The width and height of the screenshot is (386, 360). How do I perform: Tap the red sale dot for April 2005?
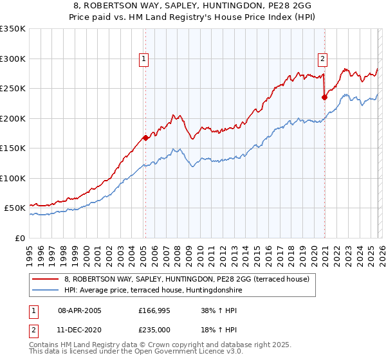pyautogui.click(x=146, y=137)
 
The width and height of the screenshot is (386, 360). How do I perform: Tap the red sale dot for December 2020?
pyautogui.click(x=324, y=97)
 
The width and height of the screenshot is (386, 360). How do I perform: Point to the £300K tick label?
pyautogui.click(x=12, y=59)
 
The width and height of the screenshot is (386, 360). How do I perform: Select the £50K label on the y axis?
pyautogui.click(x=15, y=208)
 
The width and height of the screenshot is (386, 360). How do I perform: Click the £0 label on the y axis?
pyautogui.click(x=20, y=238)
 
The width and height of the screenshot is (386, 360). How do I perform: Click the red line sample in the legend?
pyautogui.click(x=46, y=279)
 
